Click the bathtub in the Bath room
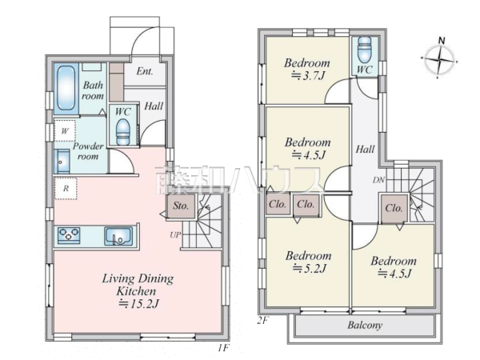[x=66, y=88]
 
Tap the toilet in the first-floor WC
[x=123, y=132]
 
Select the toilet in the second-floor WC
[x=364, y=50]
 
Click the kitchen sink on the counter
[x=118, y=236]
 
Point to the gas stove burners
[x=69, y=235]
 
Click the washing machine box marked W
[x=65, y=130]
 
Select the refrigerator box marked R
[x=66, y=188]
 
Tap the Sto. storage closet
[x=181, y=206]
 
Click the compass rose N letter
[x=442, y=41]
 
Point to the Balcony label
[x=365, y=325]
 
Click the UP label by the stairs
[x=175, y=234]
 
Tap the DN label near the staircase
[x=378, y=180]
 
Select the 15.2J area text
[x=138, y=304]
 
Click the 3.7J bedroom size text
[x=307, y=75]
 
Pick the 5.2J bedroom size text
[x=309, y=269]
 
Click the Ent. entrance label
[x=145, y=71]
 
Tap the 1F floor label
[x=224, y=348]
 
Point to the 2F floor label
[x=262, y=321]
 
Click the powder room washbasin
[x=62, y=162]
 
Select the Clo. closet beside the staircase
[x=394, y=209]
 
